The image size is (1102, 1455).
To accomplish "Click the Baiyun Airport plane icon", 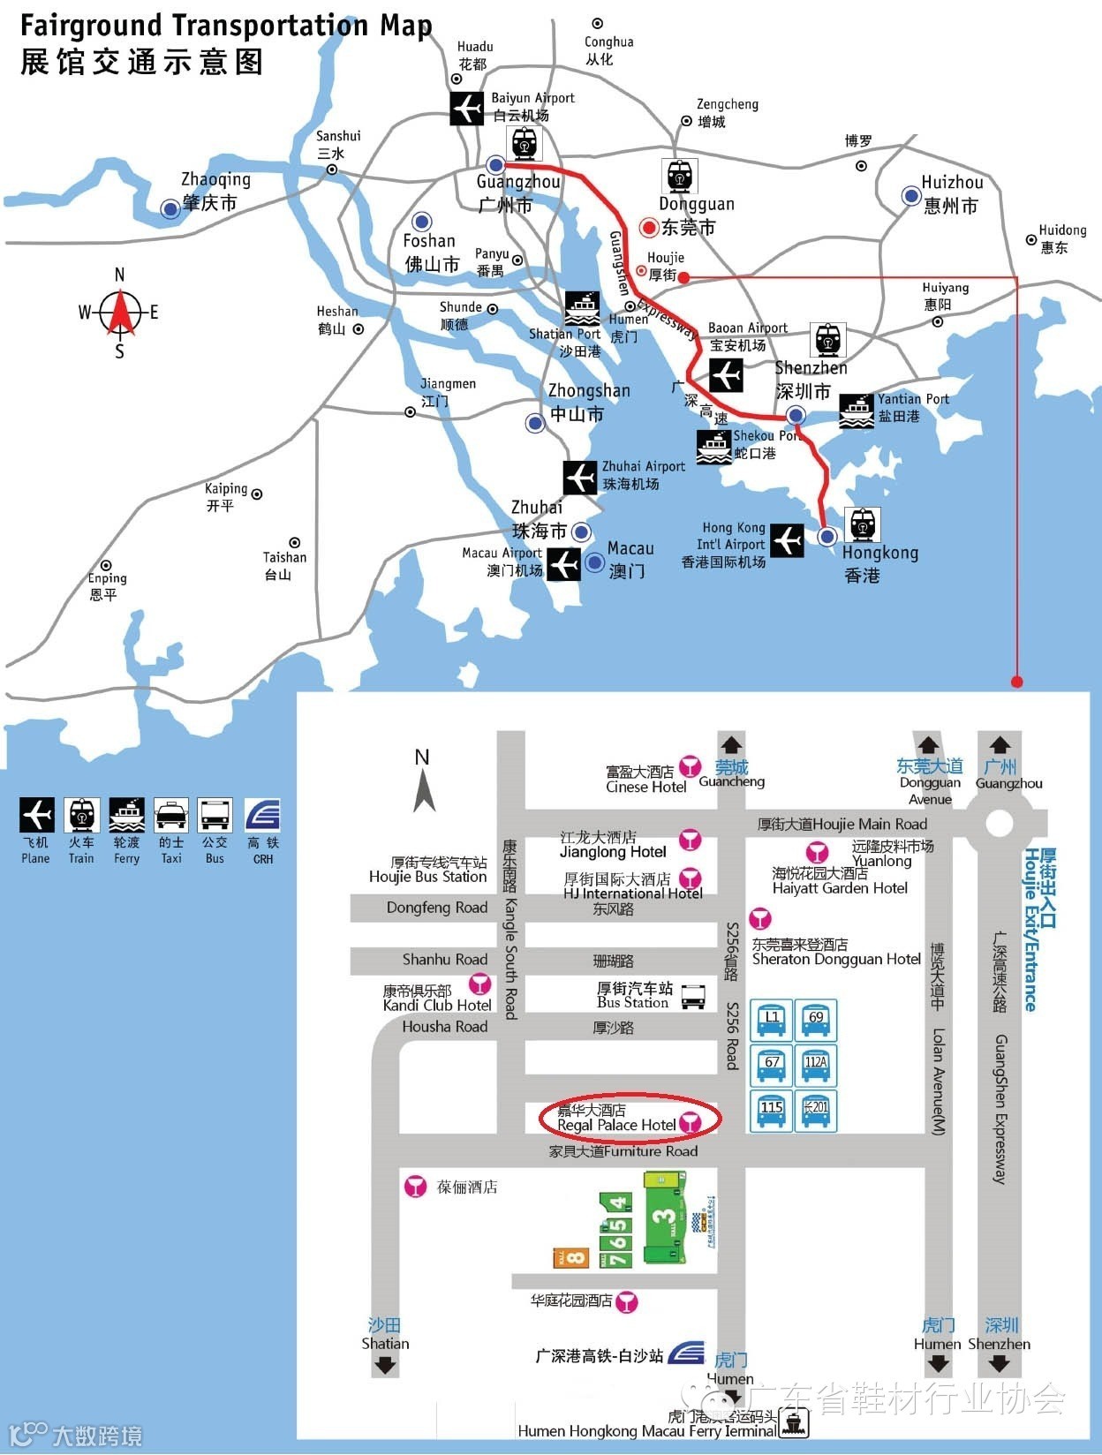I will pos(466,108).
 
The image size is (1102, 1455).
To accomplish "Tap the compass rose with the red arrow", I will pos(119,313).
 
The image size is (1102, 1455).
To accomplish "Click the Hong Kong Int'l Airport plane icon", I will pos(786,540).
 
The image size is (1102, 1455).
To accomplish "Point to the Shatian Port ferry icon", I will pos(582,308).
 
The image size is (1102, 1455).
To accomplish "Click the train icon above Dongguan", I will pos(679,176).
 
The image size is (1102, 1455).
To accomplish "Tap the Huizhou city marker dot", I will pos(910,196).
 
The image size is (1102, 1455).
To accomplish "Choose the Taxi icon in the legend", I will pos(170,815).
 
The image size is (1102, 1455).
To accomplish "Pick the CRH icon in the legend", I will pos(262,815).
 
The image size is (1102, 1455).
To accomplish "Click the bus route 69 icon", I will pos(816,1022).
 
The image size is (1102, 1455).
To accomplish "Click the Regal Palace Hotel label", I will pos(616,1119).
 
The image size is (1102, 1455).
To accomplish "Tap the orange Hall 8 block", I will pos(571,1256).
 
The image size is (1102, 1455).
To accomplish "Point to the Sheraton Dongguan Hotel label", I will pos(835,952).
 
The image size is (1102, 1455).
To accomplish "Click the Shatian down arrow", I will pos(385,1365).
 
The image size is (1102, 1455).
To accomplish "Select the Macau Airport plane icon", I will pos(563,564).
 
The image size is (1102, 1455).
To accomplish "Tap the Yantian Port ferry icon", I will pos(856,411).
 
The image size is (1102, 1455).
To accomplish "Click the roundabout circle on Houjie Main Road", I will pos(999,823).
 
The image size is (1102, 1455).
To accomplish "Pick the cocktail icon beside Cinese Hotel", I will pos(690,765).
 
